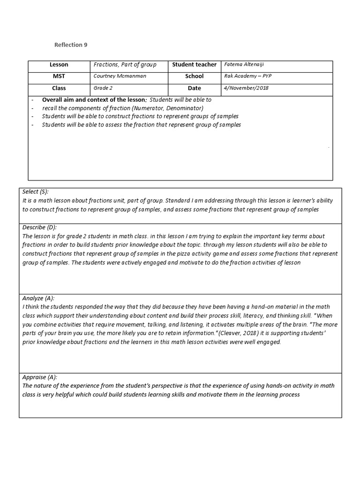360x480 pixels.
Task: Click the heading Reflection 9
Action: click(71, 45)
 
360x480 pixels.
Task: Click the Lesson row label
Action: click(59, 65)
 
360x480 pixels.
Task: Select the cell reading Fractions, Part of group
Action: click(125, 65)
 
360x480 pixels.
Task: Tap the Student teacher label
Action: click(194, 65)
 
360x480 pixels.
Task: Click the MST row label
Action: click(59, 76)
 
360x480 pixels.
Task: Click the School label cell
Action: click(194, 76)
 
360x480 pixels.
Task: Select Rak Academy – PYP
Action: click(247, 76)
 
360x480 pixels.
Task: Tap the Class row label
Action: click(59, 88)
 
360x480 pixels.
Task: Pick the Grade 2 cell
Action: click(104, 88)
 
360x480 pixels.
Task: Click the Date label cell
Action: click(194, 88)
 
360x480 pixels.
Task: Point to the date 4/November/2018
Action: click(247, 88)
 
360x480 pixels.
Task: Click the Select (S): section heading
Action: click(36, 192)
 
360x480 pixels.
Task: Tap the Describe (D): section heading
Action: click(39, 227)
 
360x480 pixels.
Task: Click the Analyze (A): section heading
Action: click(38, 298)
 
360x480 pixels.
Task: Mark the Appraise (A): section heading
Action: click(40, 377)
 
